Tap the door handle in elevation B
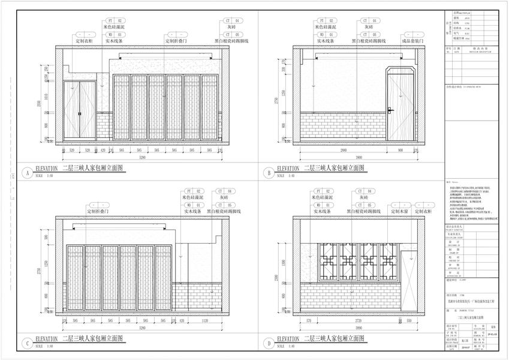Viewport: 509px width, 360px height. tap(390, 109)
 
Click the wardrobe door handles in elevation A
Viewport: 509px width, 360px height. tap(80, 112)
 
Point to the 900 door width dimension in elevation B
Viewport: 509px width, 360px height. tap(400, 148)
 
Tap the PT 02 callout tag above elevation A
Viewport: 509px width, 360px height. tap(114, 21)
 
